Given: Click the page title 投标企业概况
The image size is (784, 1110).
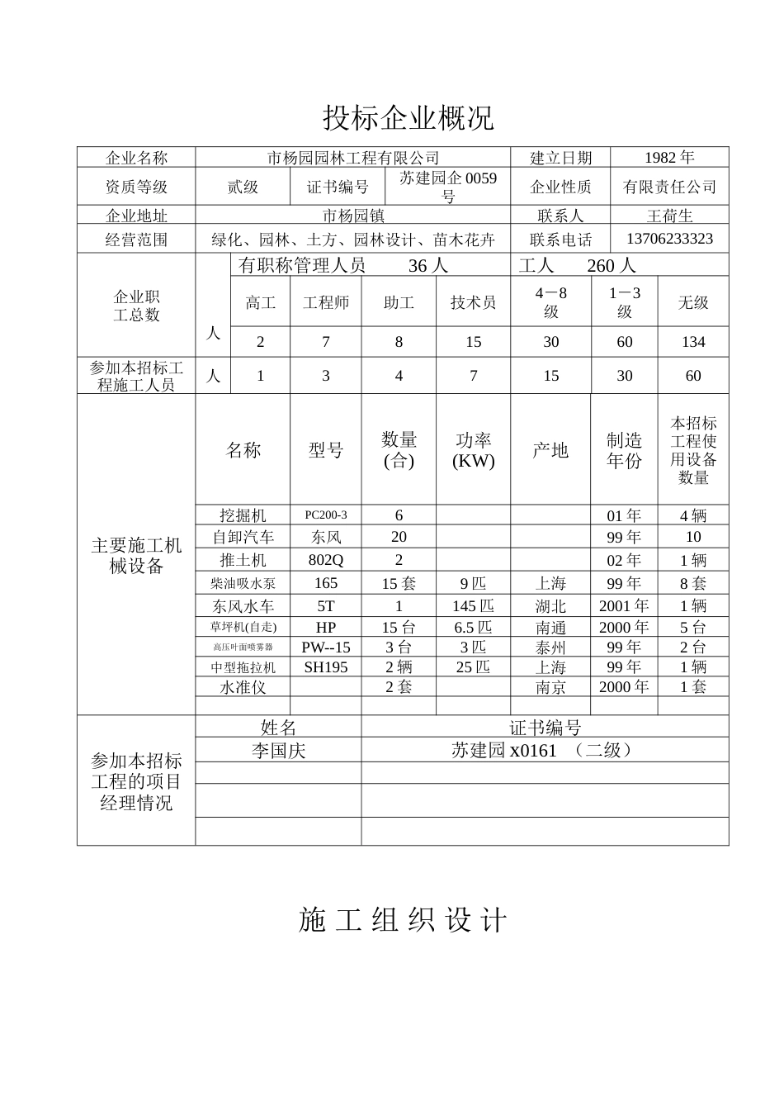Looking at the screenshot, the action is [x=408, y=118].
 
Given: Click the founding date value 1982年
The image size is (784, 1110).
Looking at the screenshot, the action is [x=669, y=157].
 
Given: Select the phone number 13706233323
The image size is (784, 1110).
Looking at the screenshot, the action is [x=669, y=239].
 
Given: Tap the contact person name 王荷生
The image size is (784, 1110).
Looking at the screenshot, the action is [x=669, y=216].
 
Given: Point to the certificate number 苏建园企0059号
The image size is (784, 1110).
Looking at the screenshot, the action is [x=448, y=187].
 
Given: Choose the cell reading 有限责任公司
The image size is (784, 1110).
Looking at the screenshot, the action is [x=669, y=187].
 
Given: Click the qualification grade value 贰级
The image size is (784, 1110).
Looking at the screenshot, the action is [x=243, y=187].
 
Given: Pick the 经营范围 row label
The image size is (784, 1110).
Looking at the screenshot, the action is [x=136, y=240].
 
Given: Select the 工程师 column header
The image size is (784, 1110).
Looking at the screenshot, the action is [x=326, y=303].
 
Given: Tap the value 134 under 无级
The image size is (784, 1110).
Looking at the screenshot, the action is [x=693, y=342].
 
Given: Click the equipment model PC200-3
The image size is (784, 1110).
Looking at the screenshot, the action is [x=326, y=515].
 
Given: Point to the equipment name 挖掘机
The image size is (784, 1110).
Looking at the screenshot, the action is [x=243, y=515].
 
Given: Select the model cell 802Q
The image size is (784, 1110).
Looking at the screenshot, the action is [x=326, y=560].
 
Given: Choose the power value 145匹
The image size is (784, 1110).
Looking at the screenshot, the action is [x=473, y=605].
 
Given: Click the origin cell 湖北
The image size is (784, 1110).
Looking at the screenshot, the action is [x=550, y=605].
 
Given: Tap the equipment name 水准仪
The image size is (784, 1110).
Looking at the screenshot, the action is [x=243, y=687].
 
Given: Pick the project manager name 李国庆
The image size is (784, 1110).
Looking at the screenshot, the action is [x=278, y=750].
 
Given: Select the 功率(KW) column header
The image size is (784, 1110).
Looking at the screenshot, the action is [x=473, y=451].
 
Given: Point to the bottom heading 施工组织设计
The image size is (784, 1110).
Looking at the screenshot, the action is [x=403, y=920].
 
